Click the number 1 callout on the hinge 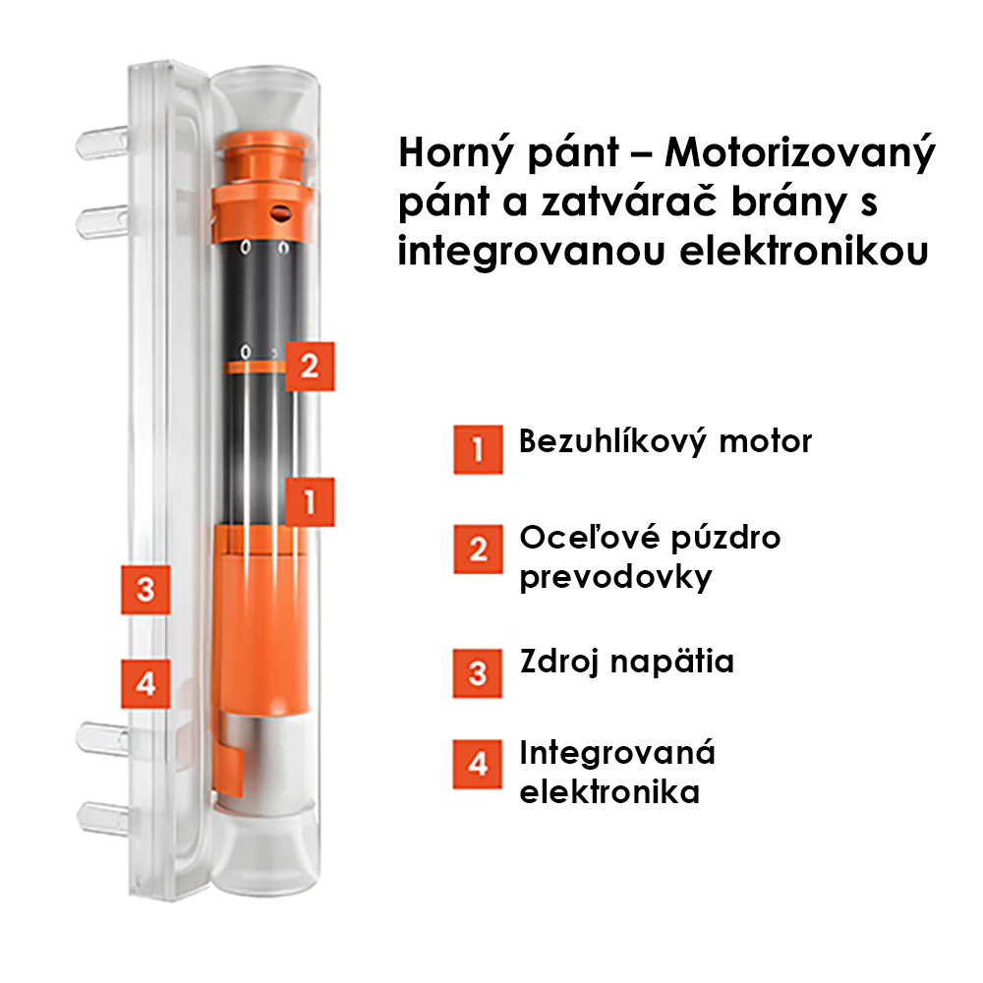[x=310, y=501]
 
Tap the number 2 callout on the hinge [x=310, y=367]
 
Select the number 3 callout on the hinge [x=145, y=589]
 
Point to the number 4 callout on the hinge [x=145, y=683]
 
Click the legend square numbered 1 [x=478, y=449]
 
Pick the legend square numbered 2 [x=478, y=549]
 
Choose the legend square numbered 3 [x=477, y=673]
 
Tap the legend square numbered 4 [x=477, y=764]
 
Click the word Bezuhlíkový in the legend [x=611, y=442]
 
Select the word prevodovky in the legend [x=615, y=577]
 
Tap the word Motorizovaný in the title [x=800, y=153]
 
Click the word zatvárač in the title [x=629, y=202]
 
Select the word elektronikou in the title [x=804, y=252]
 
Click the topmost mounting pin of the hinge [x=101, y=143]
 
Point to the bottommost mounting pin [x=103, y=819]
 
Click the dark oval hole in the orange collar [x=281, y=213]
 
